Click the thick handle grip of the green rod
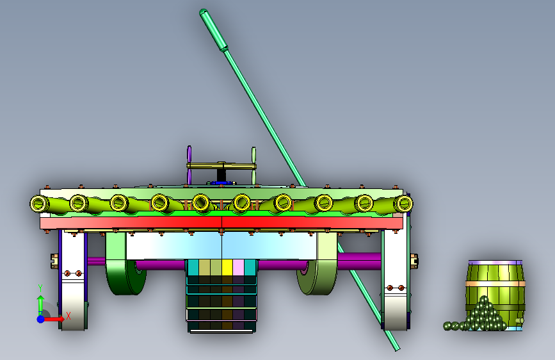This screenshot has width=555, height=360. click(214, 30)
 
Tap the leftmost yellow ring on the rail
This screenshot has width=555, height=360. click(39, 204)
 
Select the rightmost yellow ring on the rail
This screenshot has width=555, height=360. click(403, 204)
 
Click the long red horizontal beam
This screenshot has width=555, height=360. click(221, 222)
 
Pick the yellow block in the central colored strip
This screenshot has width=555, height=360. click(227, 268)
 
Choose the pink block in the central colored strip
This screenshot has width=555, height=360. click(238, 268)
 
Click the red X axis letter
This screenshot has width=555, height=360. click(68, 316)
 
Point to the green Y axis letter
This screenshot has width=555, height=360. click(40, 288)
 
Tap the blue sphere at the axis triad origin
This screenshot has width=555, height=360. click(41, 319)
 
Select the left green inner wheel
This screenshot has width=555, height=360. click(125, 269)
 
